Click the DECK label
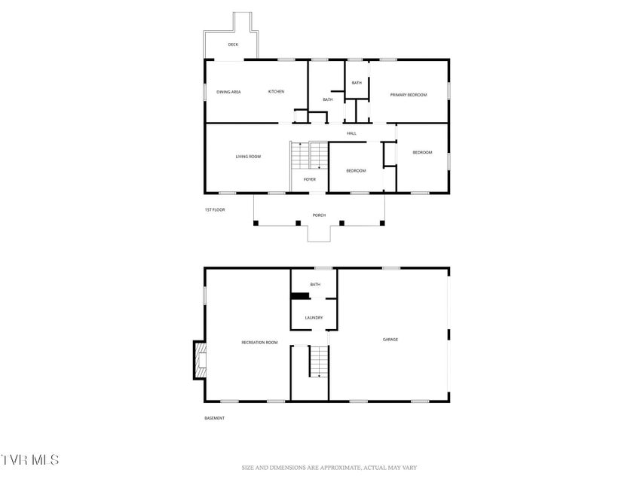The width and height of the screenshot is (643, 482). (x=233, y=44)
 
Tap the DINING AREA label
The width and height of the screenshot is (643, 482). (x=228, y=92)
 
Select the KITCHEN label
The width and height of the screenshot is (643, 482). (x=276, y=92)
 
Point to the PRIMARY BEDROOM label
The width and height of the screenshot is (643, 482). (x=409, y=95)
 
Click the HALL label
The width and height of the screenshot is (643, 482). (x=351, y=133)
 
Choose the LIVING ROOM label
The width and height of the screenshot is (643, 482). (x=248, y=157)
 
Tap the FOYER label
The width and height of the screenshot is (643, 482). (x=310, y=179)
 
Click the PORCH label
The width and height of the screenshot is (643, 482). (x=319, y=215)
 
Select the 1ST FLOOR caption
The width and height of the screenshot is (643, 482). (x=215, y=210)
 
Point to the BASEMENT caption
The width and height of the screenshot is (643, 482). (x=215, y=419)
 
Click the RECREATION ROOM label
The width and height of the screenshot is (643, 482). (x=259, y=343)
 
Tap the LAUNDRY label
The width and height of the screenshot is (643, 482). (x=314, y=318)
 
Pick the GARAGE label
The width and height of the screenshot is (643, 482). (x=390, y=340)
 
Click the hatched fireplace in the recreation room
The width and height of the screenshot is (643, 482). (x=201, y=360)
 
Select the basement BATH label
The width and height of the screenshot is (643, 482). (x=315, y=285)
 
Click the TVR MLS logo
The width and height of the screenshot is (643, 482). (x=30, y=459)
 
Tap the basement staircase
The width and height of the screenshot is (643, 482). (x=319, y=361)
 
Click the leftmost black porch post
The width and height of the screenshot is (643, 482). (x=256, y=224)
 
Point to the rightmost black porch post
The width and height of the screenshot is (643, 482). (x=382, y=224)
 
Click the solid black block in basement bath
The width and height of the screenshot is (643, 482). (x=300, y=296)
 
